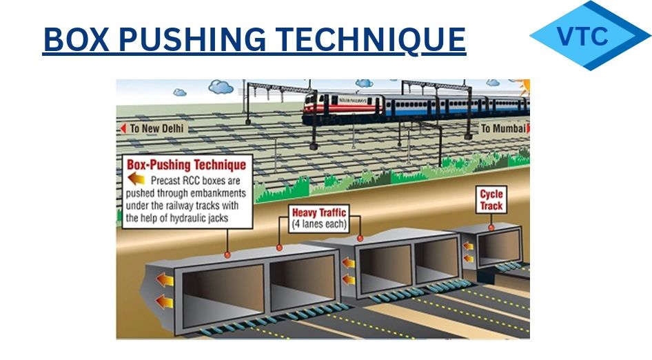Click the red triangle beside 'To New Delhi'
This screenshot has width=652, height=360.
point(123,128)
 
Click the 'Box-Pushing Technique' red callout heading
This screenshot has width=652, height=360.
point(186,166)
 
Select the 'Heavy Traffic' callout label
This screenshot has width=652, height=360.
point(318,212)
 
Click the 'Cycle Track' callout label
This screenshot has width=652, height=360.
point(491,200)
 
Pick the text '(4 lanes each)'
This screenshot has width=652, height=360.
point(319,224)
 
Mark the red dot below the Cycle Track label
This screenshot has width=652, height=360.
point(491,226)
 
